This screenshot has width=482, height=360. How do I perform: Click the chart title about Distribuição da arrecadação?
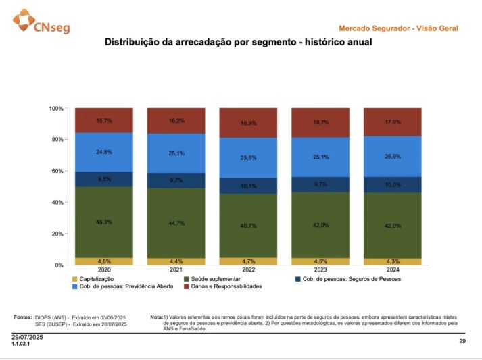click(238, 42)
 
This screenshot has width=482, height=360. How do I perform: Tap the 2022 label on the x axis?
click(248, 270)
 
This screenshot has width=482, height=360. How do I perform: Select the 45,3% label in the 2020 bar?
click(104, 222)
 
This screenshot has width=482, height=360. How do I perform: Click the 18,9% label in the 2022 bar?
click(248, 124)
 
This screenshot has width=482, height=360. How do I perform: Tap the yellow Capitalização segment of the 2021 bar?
click(176, 261)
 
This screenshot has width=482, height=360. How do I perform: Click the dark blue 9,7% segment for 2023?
click(320, 184)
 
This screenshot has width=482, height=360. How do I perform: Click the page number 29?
click(462, 342)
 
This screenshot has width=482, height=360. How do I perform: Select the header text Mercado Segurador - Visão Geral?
click(398, 28)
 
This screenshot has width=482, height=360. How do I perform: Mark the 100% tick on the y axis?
click(56, 108)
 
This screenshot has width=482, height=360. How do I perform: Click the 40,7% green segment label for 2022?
click(248, 226)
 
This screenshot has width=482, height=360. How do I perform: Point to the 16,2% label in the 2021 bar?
click(176, 120)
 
